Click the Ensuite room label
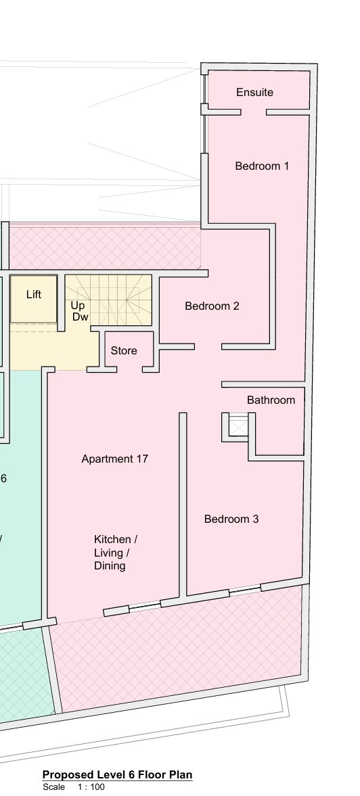click(255, 93)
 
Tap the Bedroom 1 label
click(262, 166)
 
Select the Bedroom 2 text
click(212, 306)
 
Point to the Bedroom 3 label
click(231, 519)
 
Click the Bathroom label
click(271, 400)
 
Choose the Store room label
click(124, 351)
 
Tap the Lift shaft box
click(34, 299)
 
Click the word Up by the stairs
click(77, 306)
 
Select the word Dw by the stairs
click(81, 317)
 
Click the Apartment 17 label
click(115, 459)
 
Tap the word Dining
click(110, 565)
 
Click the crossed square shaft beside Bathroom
click(238, 425)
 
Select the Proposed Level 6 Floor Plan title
click(117, 774)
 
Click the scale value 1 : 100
click(91, 787)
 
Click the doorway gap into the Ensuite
click(253, 112)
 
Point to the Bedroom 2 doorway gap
click(208, 347)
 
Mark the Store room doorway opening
click(129, 369)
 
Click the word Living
click(110, 553)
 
